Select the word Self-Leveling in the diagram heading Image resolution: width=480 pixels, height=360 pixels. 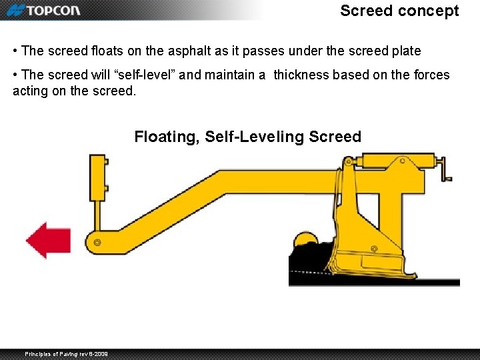255,137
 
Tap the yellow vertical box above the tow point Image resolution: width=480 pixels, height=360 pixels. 99,177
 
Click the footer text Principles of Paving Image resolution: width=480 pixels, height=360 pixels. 66,353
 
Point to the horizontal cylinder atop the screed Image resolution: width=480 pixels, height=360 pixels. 392,161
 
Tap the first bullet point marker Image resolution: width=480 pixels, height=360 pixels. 15,51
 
